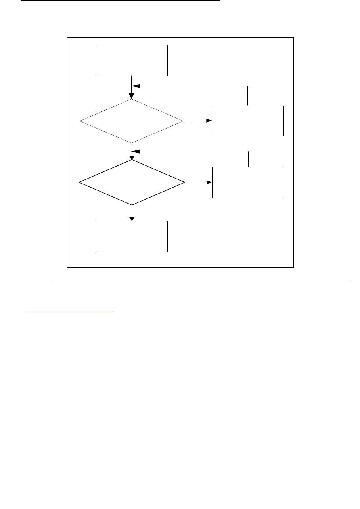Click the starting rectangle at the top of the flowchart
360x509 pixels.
tap(132, 60)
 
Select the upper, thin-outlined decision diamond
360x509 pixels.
tap(132, 121)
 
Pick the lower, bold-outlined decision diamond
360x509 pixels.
tap(132, 182)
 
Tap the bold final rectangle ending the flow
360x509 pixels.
tap(132, 236)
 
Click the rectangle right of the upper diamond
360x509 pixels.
tap(248, 121)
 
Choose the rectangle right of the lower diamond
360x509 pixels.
tap(248, 182)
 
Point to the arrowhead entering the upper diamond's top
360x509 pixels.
tap(132, 96)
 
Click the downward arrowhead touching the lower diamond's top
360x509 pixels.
tap(132, 158)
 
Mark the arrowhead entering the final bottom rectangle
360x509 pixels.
tap(132, 218)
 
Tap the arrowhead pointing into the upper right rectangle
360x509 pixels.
tap(209, 121)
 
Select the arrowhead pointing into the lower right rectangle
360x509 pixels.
tap(210, 182)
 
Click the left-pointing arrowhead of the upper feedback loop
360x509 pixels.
tap(136, 86)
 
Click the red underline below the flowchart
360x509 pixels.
tap(69, 311)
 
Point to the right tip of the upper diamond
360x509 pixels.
tap(184, 121)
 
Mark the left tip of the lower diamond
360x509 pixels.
tap(79, 182)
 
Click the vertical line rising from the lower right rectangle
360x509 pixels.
tap(248, 159)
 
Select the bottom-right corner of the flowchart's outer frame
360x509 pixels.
tap(293, 268)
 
